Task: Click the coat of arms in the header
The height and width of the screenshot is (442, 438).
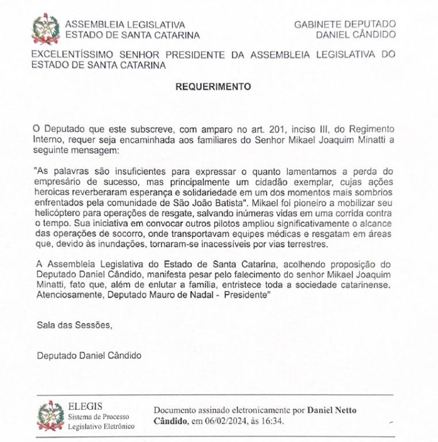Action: (46, 29)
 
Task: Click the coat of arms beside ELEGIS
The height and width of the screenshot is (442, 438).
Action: (50, 415)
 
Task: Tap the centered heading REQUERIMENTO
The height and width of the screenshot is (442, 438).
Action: (214, 87)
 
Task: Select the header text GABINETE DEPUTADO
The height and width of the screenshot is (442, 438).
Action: (345, 24)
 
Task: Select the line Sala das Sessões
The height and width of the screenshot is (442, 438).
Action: (74, 325)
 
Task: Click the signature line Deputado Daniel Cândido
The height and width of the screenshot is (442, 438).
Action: (89, 355)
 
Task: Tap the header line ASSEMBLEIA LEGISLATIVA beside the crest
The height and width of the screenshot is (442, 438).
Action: (125, 24)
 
